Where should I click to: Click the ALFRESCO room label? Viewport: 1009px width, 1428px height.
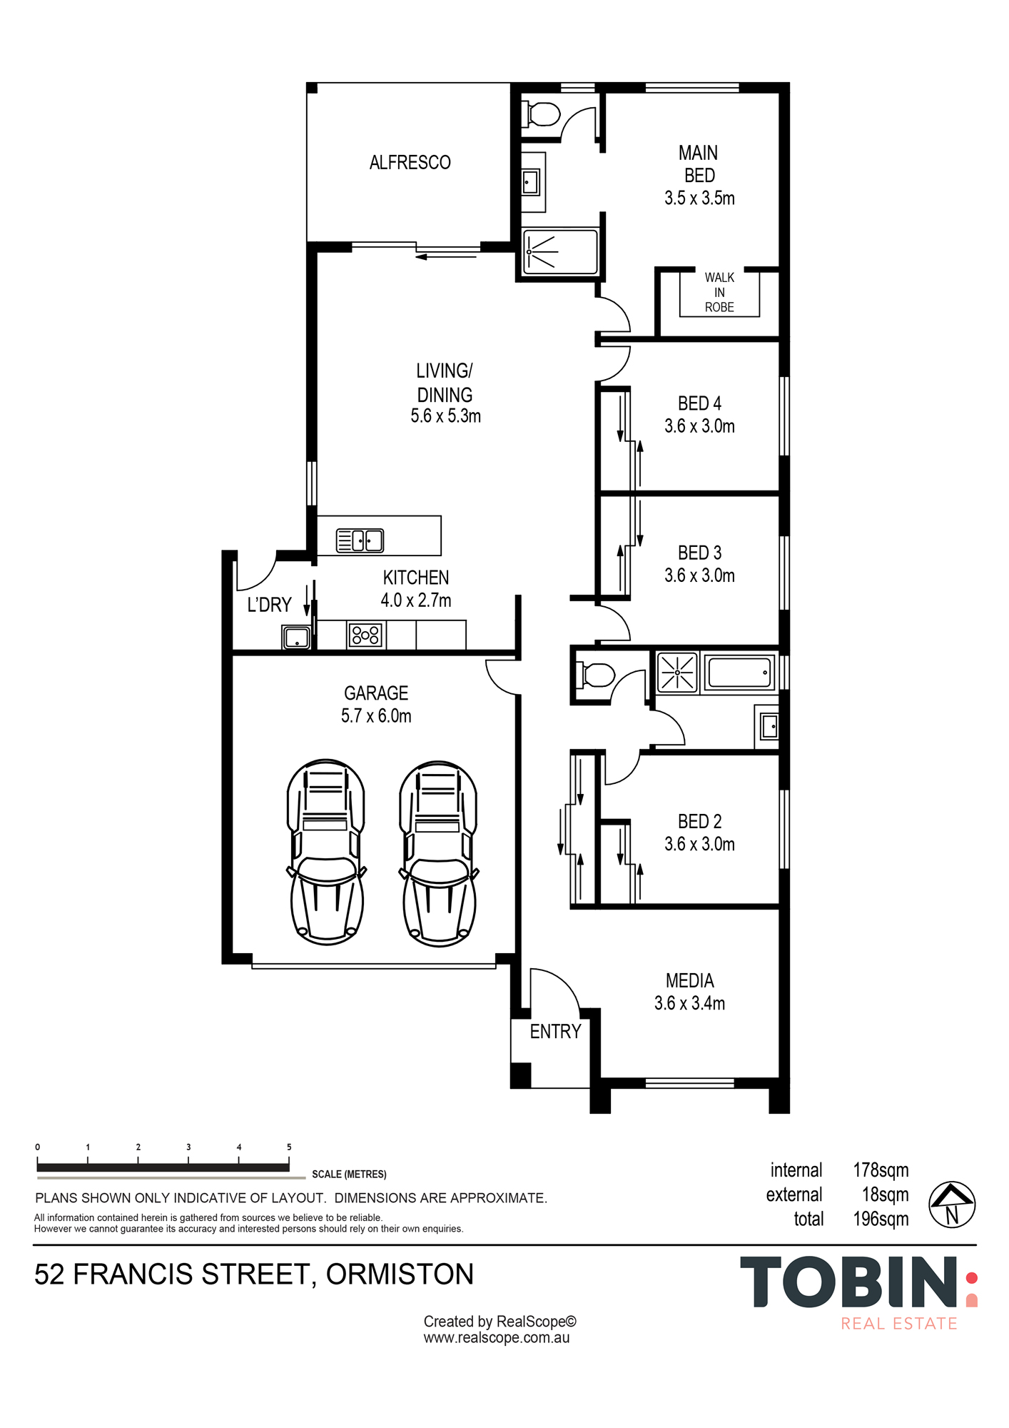[x=410, y=163]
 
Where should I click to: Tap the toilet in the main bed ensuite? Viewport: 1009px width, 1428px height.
[x=541, y=114]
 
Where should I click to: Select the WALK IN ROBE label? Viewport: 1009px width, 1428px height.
[x=719, y=292]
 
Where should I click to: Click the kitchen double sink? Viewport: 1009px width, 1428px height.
[x=360, y=540]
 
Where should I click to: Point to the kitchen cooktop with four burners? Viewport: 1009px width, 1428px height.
[x=365, y=634]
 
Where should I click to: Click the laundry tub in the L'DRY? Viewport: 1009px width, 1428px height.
[x=296, y=636]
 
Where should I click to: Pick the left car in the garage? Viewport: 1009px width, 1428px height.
[x=326, y=852]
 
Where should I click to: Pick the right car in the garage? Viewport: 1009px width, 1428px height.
[x=438, y=853]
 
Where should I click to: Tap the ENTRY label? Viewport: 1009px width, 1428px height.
[x=555, y=1031]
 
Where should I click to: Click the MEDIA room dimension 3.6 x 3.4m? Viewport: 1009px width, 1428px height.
[x=689, y=1003]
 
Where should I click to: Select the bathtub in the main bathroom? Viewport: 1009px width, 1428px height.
[x=739, y=672]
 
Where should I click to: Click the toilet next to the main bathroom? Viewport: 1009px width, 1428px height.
[x=596, y=675]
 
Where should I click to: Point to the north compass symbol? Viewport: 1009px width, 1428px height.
[x=952, y=1205]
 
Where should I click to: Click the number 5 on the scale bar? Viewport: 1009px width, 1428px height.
[x=289, y=1147]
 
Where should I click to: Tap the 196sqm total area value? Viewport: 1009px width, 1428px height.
[x=881, y=1219]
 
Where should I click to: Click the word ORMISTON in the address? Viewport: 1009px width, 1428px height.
[x=400, y=1274]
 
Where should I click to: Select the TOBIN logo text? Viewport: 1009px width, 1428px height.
[x=849, y=1283]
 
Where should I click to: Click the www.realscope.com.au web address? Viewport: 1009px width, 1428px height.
[x=497, y=1338]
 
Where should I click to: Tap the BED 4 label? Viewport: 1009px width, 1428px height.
[x=699, y=403]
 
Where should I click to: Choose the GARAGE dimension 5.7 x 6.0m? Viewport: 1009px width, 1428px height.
[x=376, y=715]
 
